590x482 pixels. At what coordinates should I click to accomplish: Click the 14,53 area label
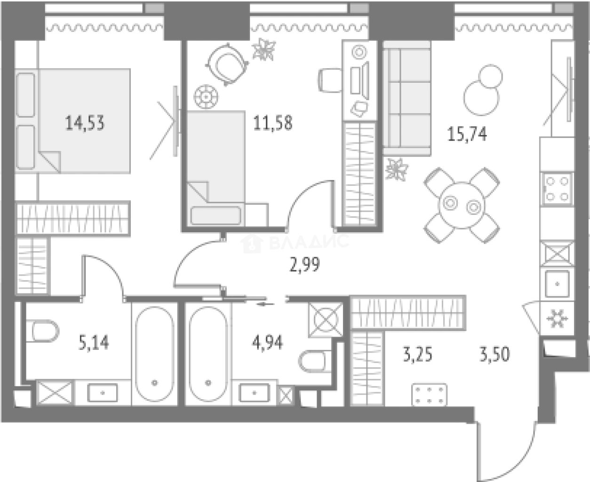tap(85, 123)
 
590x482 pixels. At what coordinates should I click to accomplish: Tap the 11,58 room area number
tap(273, 123)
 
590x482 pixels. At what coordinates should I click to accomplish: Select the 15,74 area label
tap(467, 134)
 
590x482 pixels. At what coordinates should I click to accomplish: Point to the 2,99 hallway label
tap(305, 265)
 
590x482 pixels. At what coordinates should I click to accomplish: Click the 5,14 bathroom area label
tap(94, 343)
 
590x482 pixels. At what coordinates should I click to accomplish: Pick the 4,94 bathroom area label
tap(267, 343)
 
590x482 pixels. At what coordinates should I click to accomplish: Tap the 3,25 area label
tap(418, 354)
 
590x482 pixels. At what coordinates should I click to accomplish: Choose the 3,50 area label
tap(494, 354)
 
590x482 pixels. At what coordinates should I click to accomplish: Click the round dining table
tap(462, 205)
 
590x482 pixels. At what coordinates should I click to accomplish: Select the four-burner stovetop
tap(557, 190)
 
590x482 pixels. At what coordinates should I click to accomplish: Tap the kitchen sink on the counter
tap(557, 284)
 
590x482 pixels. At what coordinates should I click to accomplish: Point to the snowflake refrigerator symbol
tap(557, 318)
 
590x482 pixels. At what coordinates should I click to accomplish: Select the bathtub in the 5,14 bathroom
tap(155, 354)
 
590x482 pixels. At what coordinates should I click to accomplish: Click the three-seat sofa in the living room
tap(407, 98)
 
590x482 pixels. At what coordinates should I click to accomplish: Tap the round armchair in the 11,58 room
tap(227, 65)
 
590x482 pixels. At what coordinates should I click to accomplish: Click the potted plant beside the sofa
tap(397, 169)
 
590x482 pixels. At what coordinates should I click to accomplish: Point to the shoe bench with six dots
tap(429, 395)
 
